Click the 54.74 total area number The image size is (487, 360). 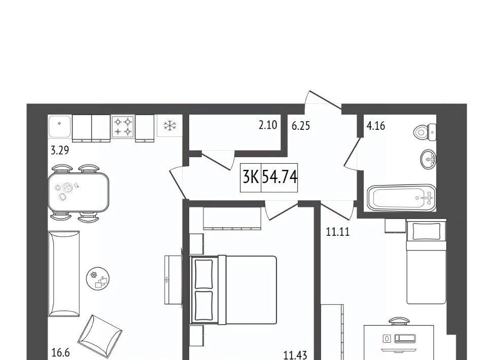point(280,177)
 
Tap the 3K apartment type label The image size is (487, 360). point(250,177)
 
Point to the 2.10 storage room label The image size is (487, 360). point(268,125)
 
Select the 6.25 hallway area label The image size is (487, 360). point(301,126)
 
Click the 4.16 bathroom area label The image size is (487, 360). point(376,126)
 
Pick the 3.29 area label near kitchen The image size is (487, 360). point(60,151)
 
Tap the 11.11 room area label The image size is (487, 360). point(338,232)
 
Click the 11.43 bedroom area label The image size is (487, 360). point(295,355)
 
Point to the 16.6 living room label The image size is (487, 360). point(61,353)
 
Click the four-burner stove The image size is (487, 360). point(123,126)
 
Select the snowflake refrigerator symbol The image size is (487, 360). point(170,126)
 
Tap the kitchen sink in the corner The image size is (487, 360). point(60,126)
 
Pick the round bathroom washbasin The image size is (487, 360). point(428,160)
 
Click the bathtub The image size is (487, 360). point(402,198)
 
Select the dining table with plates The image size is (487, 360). point(79,192)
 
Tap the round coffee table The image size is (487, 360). point(98,279)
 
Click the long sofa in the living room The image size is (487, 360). point(64,274)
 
